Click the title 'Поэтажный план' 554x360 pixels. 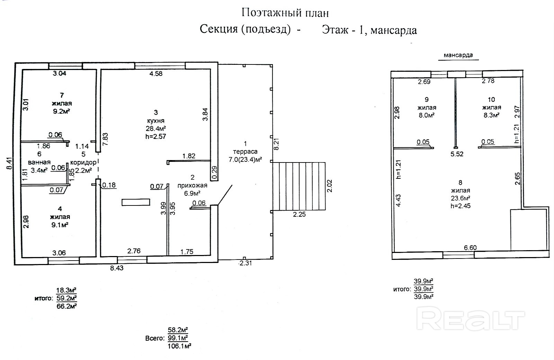285,13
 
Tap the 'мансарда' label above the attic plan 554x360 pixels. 458,55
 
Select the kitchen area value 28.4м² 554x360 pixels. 156,129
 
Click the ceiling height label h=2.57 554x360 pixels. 156,136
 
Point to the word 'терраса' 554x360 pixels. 245,151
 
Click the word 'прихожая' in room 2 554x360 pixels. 193,185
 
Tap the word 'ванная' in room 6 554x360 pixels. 39,162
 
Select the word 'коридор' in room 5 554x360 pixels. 83,163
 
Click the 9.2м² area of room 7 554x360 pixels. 61,111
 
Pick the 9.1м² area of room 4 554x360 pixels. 60,225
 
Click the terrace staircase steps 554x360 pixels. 299,186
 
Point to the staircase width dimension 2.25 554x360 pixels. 299,214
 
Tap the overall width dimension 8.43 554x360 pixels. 116,268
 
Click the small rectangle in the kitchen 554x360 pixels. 136,202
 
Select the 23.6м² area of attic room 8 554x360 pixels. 460,198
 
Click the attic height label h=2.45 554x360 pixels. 461,206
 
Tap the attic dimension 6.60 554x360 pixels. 470,248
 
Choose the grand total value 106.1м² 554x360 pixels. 179,346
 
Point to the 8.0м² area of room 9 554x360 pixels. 427,115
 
